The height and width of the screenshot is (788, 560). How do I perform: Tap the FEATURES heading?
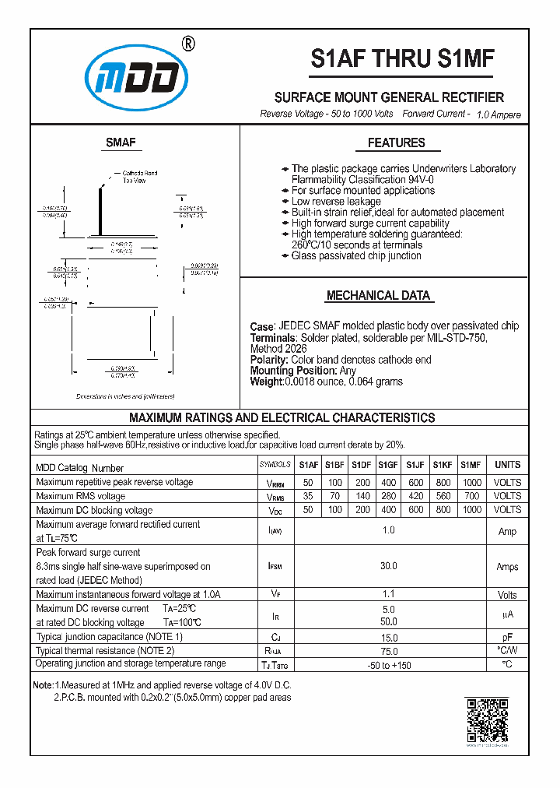396,142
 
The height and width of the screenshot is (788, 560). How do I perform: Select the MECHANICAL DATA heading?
378,296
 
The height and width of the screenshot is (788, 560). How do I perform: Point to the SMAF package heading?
121,142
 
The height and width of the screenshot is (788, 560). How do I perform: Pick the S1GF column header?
388,465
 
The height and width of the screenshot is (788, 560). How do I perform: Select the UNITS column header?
507,465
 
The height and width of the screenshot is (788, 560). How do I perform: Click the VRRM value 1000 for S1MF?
471,482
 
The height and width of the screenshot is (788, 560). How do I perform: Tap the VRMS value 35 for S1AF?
308,496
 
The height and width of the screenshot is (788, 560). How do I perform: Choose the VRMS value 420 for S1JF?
415,496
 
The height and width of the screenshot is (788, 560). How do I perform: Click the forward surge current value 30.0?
388,566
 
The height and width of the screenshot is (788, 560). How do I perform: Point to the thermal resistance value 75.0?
388,650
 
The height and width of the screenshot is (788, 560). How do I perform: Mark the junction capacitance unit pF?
507,637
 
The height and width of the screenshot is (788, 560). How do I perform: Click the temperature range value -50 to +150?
388,664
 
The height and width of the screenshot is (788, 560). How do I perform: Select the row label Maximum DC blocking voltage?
94,510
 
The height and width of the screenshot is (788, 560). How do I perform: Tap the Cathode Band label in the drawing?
139,173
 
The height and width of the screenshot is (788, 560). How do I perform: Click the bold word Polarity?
268,360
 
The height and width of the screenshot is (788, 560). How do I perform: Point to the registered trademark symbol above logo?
187,44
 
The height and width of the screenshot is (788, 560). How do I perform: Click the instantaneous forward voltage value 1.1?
388,594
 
